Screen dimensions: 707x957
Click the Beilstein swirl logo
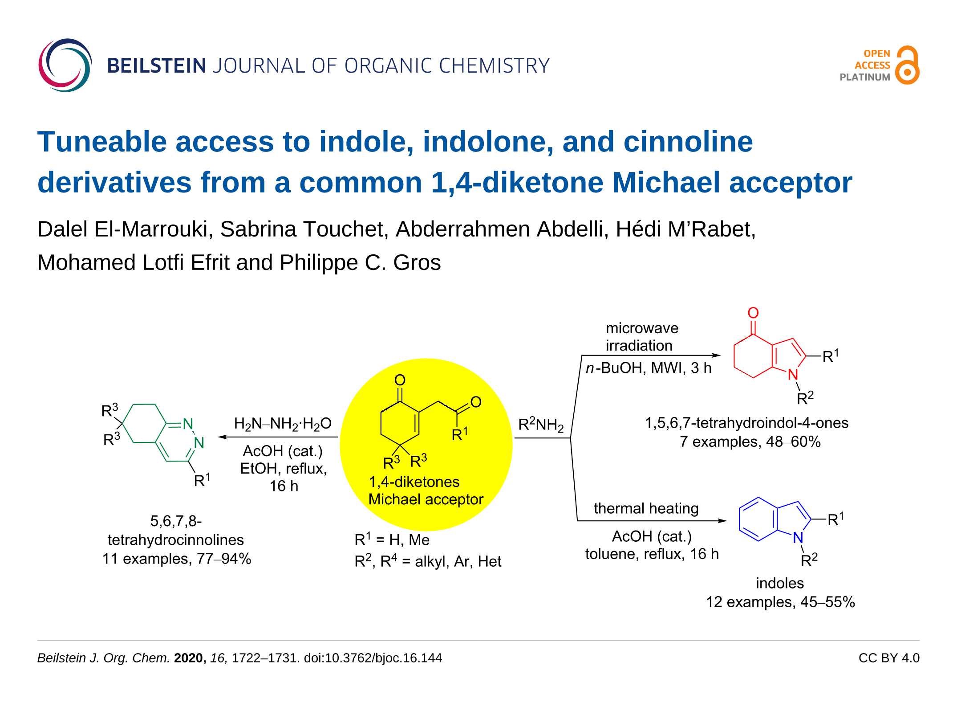click(x=65, y=65)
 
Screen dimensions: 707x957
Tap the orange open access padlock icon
click(x=907, y=65)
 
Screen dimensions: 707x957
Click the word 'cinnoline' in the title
click(x=688, y=142)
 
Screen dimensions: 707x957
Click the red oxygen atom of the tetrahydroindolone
click(x=753, y=313)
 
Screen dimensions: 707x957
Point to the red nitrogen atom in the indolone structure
click(x=793, y=375)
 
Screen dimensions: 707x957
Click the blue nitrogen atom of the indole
click(x=798, y=538)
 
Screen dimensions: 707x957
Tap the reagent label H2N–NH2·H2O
click(x=283, y=424)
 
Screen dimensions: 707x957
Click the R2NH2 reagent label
click(x=541, y=425)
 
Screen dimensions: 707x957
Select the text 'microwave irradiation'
click(x=641, y=337)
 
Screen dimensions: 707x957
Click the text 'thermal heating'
click(x=646, y=508)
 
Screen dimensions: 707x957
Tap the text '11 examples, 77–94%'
click(x=177, y=559)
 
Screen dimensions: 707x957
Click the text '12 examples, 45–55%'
click(x=780, y=602)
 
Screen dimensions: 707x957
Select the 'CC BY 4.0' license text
click(x=888, y=658)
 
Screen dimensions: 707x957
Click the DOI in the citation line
click(x=373, y=658)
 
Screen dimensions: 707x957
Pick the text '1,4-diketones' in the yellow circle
click(x=414, y=482)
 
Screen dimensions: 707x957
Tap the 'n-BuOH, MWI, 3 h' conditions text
click(x=649, y=368)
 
